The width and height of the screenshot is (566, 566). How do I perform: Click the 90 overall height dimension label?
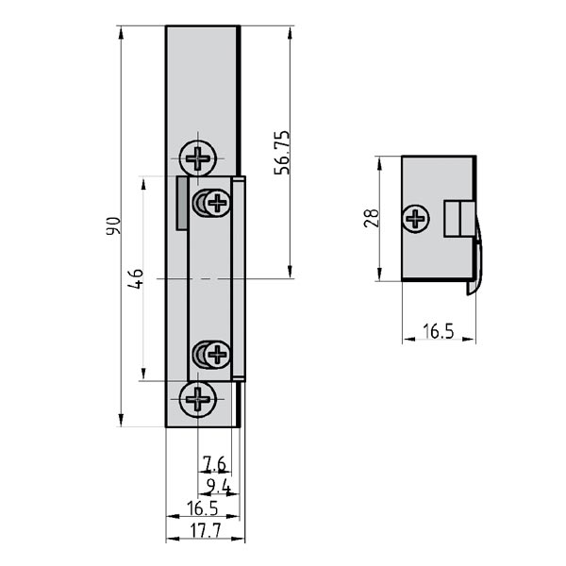(111, 226)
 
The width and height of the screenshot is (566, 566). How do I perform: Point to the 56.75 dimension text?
(280, 152)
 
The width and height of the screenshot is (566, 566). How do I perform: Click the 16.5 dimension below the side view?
(438, 331)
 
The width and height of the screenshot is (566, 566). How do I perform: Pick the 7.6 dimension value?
(214, 463)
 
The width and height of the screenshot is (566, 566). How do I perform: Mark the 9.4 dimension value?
(218, 486)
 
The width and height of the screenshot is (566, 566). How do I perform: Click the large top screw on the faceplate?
(198, 158)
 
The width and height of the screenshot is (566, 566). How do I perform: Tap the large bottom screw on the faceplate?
(198, 400)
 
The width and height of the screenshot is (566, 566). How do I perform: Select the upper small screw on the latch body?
(217, 202)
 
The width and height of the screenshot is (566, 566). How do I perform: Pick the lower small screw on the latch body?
(217, 355)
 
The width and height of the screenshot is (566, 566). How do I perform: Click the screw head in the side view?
(415, 219)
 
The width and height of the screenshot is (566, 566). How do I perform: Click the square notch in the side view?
(457, 219)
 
